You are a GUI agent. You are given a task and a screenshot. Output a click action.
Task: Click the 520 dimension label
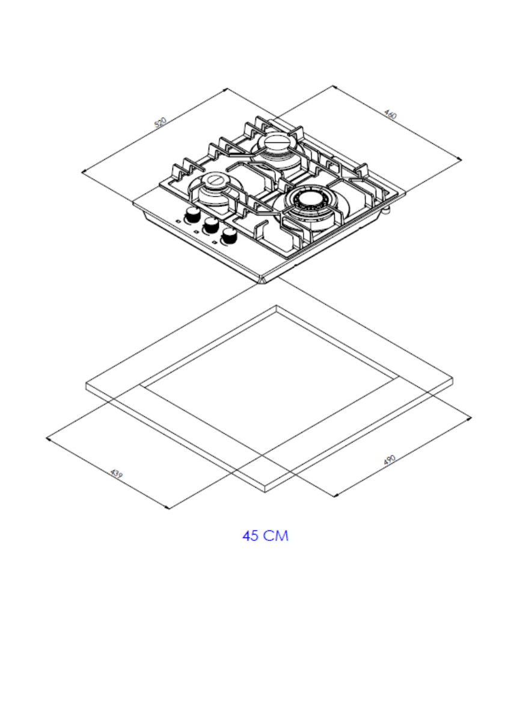point(161,123)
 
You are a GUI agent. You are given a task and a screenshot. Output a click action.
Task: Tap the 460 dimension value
point(390,114)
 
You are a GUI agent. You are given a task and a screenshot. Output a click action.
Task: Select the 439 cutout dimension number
point(117,474)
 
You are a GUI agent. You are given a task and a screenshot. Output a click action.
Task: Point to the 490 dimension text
point(389,461)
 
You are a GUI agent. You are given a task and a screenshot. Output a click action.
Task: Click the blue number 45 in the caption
point(251,535)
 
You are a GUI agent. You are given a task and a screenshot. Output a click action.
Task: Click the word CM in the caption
point(276,535)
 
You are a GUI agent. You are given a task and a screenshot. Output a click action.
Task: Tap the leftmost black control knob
point(192,216)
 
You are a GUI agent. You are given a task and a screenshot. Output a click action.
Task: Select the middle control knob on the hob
point(210,225)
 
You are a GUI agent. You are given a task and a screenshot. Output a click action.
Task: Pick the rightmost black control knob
point(229,236)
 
